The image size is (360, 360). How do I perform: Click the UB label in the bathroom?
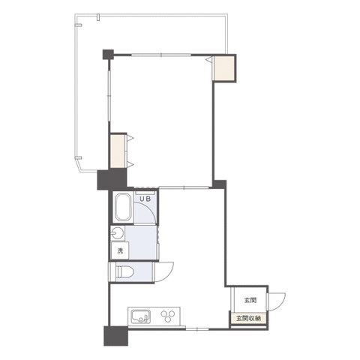145,199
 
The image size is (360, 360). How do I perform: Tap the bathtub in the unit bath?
123,207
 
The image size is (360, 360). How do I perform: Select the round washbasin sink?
117,233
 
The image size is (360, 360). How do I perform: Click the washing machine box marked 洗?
120,250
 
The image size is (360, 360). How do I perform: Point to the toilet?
125,271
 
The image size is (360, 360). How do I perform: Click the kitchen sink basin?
141,317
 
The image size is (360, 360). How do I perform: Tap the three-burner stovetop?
167,316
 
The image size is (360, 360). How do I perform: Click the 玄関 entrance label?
250,300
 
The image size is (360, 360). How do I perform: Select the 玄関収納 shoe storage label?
249,318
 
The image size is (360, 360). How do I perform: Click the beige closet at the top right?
224,67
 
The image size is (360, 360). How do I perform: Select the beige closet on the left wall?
118,151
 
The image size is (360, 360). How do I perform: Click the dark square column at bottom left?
115,336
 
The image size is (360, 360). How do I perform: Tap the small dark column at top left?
108,54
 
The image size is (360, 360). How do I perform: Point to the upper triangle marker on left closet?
130,138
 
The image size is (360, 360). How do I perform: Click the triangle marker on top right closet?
209,59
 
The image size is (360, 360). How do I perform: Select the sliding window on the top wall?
161,55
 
